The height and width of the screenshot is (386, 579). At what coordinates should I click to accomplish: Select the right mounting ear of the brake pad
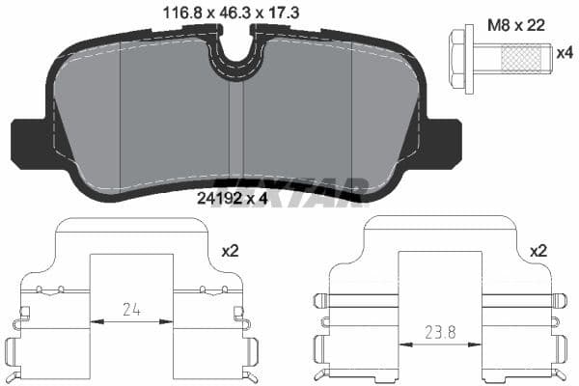coord(444,142)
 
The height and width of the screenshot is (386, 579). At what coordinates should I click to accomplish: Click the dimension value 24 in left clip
coord(130,310)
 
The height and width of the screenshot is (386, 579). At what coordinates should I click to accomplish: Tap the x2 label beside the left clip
coord(230,250)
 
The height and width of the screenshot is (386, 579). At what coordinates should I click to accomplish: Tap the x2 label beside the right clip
coord(539,250)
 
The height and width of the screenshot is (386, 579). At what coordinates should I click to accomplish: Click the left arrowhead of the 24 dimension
coord(95,321)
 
